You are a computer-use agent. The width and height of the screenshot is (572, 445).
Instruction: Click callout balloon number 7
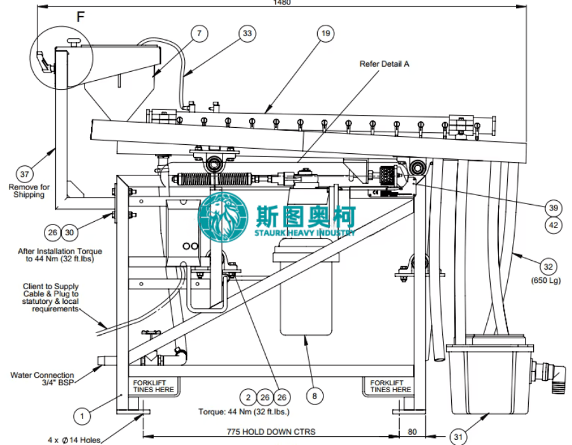(199, 34)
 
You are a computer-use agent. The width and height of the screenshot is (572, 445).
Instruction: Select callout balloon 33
(247, 34)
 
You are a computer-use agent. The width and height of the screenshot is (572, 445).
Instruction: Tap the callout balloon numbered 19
(325, 34)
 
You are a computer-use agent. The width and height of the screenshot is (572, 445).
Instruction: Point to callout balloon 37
(24, 174)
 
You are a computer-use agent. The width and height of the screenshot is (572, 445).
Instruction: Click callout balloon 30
(69, 232)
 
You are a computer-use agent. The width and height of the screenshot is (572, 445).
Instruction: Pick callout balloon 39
(554, 208)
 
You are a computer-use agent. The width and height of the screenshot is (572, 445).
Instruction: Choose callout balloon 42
(554, 225)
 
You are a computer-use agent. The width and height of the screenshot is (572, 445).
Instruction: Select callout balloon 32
(548, 266)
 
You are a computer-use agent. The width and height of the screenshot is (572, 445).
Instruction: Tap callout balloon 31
(458, 436)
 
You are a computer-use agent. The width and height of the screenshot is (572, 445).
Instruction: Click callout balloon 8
(315, 396)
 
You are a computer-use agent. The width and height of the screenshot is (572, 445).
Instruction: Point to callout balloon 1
(82, 416)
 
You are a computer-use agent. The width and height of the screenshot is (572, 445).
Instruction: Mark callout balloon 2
(248, 397)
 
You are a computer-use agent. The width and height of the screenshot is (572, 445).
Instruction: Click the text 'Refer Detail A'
(385, 64)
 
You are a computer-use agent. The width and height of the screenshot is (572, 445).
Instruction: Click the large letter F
(81, 17)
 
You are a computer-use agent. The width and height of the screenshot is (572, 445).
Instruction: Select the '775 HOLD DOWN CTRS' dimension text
(271, 432)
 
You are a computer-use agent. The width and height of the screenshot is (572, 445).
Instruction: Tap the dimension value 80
(412, 432)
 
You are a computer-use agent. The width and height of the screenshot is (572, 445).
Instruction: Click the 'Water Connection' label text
(43, 375)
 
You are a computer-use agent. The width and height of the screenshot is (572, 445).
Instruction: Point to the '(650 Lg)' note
(546, 280)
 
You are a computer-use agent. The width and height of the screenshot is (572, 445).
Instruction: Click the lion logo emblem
(223, 217)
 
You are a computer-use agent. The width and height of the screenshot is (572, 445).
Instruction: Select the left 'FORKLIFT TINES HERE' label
(154, 387)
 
